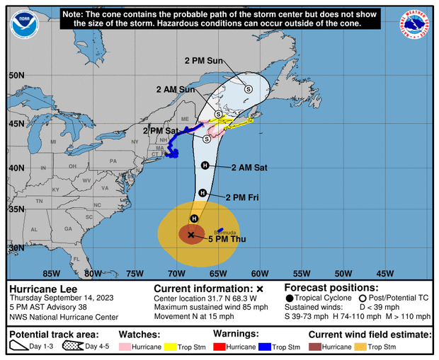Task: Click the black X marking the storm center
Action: tap(191, 234)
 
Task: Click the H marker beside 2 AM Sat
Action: tap(205, 166)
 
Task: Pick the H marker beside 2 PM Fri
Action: tap(202, 193)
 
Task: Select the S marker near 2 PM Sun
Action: tap(249, 88)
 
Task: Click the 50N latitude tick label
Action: tap(17, 75)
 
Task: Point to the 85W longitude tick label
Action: tap(51, 273)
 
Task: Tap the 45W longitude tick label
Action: tap(384, 273)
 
